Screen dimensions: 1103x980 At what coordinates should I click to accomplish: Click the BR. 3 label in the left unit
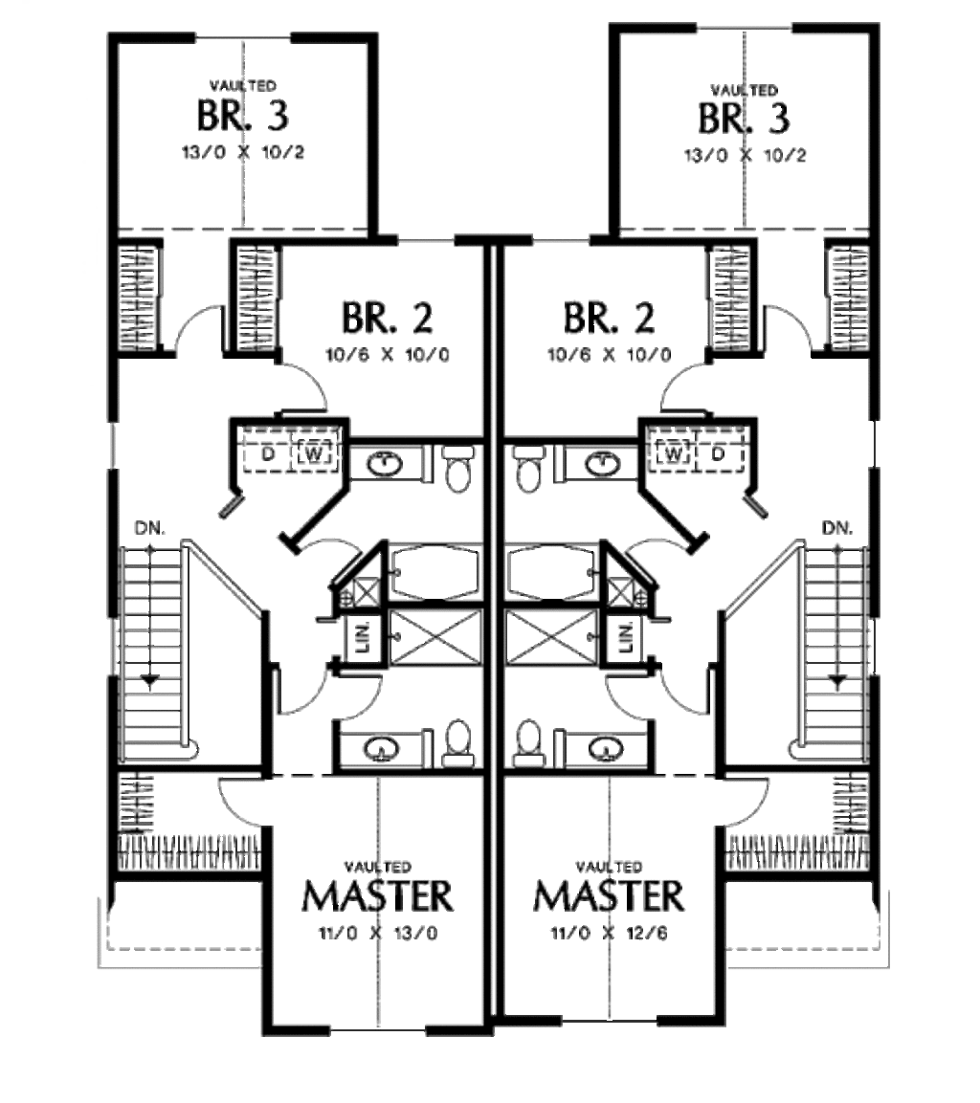pos(242,117)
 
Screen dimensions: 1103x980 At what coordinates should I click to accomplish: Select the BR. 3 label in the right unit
pos(744,119)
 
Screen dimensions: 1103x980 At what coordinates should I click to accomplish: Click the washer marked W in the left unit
pos(313,452)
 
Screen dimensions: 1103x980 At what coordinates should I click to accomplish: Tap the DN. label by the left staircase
pos(148,527)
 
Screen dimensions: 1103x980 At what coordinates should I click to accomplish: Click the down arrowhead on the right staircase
pos(838,681)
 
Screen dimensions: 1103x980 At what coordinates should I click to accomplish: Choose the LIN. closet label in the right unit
pos(626,635)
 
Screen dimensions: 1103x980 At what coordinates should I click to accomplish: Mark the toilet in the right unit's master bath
pos(527,743)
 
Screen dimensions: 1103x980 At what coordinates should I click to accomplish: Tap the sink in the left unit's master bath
pos(384,747)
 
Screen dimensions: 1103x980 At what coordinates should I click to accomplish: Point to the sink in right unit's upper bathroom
pos(602,465)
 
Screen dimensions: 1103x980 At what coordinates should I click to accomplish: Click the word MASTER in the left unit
pos(377,897)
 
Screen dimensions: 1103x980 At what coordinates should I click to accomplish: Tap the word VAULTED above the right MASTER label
pos(609,867)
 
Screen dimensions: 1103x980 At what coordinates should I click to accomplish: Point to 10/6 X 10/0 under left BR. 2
pos(387,355)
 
